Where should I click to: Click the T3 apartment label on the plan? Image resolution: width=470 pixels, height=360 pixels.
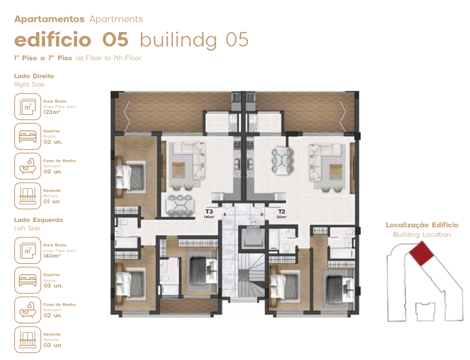tap(209, 211)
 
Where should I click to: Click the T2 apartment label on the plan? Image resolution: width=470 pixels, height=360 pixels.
tap(281, 211)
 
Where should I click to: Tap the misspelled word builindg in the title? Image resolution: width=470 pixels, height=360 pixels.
tap(178, 40)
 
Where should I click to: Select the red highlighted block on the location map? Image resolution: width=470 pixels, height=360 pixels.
tap(421, 254)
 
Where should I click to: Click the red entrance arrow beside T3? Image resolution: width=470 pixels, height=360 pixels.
tap(225, 214)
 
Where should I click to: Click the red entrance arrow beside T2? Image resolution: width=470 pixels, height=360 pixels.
tap(262, 214)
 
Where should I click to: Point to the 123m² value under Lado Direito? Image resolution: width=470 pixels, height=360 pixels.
tap(52, 112)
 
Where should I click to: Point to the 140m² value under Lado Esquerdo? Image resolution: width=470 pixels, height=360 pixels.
tap(52, 256)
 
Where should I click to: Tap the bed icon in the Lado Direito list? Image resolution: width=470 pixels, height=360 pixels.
tap(28, 136)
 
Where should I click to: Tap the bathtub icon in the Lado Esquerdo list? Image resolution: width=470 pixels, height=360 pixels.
tap(28, 310)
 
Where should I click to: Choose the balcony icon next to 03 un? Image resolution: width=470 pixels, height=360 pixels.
tap(28, 340)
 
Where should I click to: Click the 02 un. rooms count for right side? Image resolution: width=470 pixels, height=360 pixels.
tap(53, 142)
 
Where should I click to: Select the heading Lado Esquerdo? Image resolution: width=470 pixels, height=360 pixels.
tap(38, 220)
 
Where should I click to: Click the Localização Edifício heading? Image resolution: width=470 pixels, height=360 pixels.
tap(422, 225)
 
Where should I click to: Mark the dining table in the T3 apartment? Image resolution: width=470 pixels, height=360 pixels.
tap(180, 205)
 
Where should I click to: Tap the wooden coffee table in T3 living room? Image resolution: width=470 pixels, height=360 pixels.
tap(178, 170)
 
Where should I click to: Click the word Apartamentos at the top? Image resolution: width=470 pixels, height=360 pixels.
tap(49, 19)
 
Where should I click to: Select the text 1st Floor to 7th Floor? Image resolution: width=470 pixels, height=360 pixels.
tap(108, 58)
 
